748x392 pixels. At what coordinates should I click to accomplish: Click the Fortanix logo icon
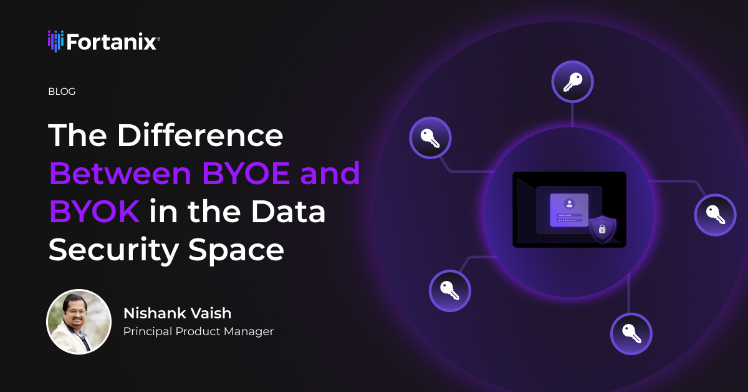55,41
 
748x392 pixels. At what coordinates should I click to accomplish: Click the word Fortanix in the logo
112,42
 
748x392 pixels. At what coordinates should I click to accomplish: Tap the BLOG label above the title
62,92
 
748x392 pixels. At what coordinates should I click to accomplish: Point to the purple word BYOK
94,212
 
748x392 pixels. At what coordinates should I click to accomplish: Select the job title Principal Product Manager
198,331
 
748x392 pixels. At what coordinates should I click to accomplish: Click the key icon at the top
572,82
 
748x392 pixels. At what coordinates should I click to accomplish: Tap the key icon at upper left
430,137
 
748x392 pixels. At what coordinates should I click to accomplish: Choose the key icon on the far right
715,215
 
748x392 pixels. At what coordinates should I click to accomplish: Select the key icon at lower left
449,290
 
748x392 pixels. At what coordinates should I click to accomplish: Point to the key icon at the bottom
631,333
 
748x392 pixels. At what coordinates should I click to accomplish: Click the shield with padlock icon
602,228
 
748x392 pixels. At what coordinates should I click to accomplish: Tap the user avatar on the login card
568,203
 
